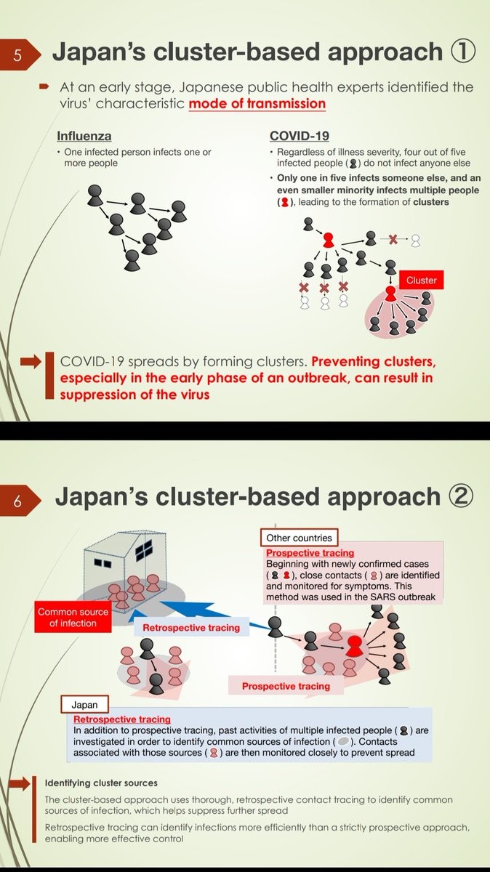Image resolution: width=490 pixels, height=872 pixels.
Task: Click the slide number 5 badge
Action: click(x=17, y=55)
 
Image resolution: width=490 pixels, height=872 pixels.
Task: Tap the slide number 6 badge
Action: click(x=17, y=501)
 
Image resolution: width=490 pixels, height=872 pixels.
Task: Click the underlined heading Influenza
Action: click(x=84, y=136)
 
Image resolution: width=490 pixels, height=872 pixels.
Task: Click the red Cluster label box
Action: click(x=421, y=280)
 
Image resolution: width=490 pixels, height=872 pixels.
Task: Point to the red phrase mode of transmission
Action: click(x=257, y=103)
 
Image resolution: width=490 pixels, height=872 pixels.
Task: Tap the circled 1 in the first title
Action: click(x=463, y=52)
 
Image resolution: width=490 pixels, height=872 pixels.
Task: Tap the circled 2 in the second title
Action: click(x=460, y=497)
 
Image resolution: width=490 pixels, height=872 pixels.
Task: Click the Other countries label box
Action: click(x=299, y=538)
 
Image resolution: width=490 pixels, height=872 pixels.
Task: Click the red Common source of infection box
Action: click(x=73, y=618)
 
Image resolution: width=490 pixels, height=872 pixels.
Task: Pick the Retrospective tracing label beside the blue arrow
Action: click(x=190, y=627)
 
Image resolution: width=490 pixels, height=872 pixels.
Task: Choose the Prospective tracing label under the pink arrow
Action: click(x=286, y=686)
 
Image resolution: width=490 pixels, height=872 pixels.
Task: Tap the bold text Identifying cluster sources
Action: click(x=101, y=783)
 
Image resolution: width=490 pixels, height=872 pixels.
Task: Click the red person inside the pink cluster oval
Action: click(x=390, y=293)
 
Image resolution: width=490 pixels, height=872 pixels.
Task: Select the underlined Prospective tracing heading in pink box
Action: click(x=300, y=553)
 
